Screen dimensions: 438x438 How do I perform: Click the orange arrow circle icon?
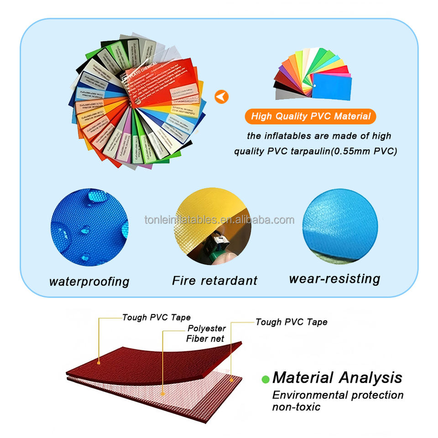pos(221,97)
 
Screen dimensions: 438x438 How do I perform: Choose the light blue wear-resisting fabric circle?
pos(340,227)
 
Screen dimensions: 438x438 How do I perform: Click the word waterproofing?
pos(89,281)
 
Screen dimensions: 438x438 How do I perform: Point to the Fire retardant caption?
pos(214,280)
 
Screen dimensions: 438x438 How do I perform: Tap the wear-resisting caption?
pos(334,278)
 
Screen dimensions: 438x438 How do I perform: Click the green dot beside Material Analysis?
pos(265,379)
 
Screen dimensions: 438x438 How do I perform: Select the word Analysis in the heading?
pos(370,378)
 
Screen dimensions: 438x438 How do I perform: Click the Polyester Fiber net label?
pos(206,334)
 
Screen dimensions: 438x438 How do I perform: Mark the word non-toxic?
pos(296,407)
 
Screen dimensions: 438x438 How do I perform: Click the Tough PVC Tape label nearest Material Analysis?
pos(291,322)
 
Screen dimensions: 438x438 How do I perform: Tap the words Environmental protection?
pos(338,395)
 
